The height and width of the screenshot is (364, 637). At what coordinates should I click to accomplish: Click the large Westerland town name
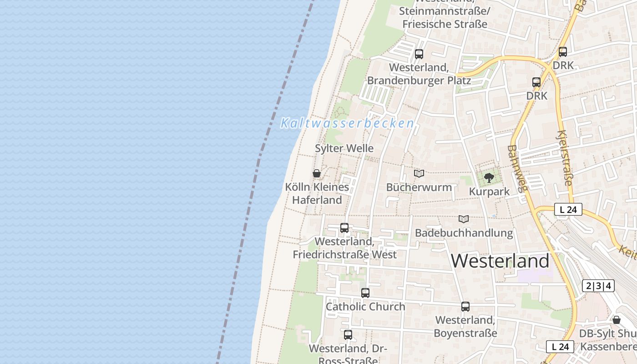tap(500, 261)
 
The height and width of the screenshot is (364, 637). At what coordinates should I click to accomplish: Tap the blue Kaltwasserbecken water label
tap(347, 123)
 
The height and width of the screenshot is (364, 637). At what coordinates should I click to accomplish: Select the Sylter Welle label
tap(344, 148)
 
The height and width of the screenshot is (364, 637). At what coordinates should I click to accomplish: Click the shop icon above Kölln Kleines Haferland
tap(317, 173)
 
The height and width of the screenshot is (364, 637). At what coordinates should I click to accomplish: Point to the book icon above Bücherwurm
tap(419, 173)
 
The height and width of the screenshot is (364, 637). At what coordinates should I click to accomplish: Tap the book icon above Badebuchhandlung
tap(464, 219)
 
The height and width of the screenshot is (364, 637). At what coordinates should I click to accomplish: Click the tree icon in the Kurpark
tap(489, 177)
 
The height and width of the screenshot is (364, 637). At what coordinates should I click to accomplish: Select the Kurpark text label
tap(489, 192)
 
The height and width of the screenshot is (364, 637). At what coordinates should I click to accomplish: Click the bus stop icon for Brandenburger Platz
tap(419, 54)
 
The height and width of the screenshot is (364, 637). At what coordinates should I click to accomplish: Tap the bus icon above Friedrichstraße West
tap(344, 228)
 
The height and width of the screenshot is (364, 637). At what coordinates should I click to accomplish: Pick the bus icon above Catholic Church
tap(365, 293)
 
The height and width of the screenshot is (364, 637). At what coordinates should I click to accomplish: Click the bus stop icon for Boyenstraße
tap(465, 307)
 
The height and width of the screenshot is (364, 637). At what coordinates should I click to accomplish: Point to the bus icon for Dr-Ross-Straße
tap(348, 335)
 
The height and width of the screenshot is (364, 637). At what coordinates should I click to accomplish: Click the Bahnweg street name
tap(516, 168)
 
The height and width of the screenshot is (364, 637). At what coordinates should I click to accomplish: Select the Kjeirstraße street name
tap(564, 158)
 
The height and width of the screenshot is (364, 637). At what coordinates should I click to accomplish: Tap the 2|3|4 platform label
tap(598, 286)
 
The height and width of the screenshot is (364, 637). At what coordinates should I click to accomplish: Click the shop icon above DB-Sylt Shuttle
tap(617, 320)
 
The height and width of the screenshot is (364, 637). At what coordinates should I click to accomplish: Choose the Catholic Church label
tap(365, 307)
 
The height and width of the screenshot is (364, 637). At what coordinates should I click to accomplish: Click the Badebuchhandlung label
tap(464, 233)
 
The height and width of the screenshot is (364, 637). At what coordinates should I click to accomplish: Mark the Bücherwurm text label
tap(419, 187)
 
